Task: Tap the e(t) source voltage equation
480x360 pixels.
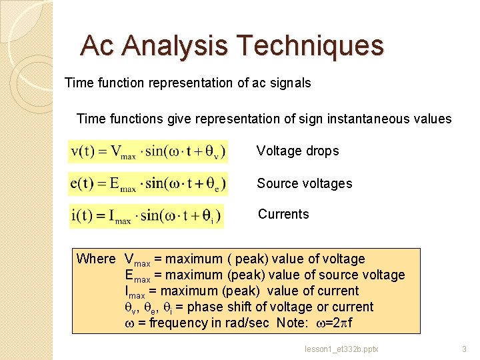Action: pos(148,183)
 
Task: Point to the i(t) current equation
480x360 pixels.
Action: pos(146,215)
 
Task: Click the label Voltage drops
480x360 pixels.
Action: pos(297,151)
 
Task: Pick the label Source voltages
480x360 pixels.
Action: pos(304,183)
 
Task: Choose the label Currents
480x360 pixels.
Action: pos(283,214)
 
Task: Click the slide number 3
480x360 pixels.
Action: pos(465,349)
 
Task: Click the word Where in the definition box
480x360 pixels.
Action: pos(96,259)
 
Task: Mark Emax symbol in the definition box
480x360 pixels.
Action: pos(137,275)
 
